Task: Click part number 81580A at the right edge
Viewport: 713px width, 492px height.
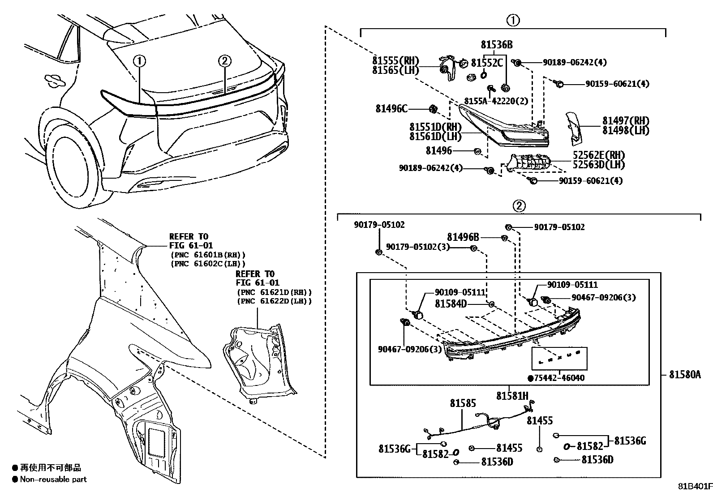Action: pyautogui.click(x=684, y=375)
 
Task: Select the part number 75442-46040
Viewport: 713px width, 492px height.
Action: pyautogui.click(x=559, y=378)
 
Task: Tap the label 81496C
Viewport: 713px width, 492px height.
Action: pyautogui.click(x=391, y=109)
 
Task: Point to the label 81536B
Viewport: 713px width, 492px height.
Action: pyautogui.click(x=497, y=45)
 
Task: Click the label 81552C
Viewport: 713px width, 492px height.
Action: pyautogui.click(x=487, y=63)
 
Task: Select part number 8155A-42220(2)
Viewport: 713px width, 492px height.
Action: pyautogui.click(x=495, y=101)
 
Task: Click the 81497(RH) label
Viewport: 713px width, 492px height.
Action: pyautogui.click(x=625, y=120)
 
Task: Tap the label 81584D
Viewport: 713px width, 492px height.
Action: pyautogui.click(x=451, y=304)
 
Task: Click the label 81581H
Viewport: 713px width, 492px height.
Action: pyautogui.click(x=512, y=396)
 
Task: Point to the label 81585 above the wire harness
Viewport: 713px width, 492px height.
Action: pyautogui.click(x=463, y=403)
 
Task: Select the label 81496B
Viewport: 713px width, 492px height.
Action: pyautogui.click(x=463, y=237)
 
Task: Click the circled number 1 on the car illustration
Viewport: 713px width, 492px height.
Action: pyautogui.click(x=140, y=61)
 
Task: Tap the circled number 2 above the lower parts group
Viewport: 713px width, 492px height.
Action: pyautogui.click(x=518, y=206)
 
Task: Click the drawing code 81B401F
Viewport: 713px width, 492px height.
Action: pyautogui.click(x=694, y=486)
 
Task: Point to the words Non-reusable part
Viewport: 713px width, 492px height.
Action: pyautogui.click(x=53, y=479)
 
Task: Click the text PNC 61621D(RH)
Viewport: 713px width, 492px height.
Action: pyautogui.click(x=274, y=292)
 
